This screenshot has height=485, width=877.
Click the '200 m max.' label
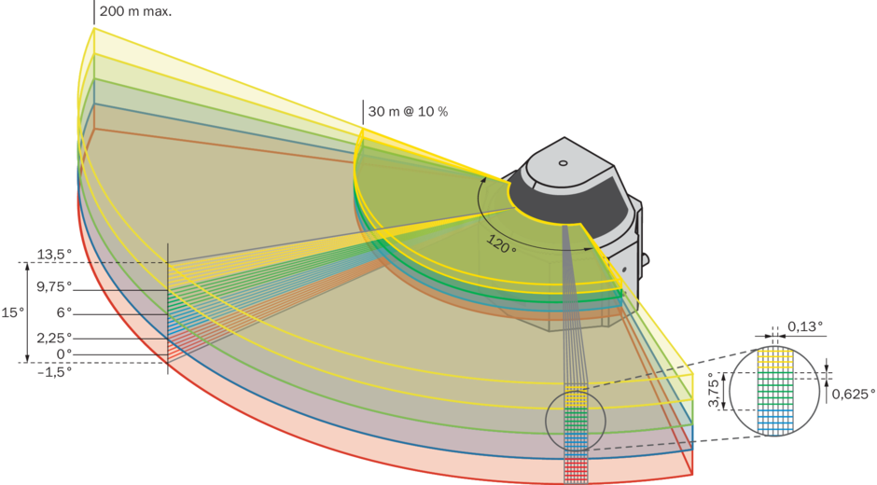click(x=136, y=11)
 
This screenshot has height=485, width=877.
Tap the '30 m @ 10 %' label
click(x=408, y=112)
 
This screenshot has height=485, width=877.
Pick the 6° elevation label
click(x=63, y=312)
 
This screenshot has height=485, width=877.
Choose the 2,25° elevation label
click(x=54, y=338)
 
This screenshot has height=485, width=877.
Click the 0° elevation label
click(x=63, y=354)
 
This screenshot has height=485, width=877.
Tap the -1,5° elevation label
click(x=54, y=371)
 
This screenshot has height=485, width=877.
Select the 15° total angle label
click(x=12, y=313)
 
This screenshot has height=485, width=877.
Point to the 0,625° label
click(x=853, y=394)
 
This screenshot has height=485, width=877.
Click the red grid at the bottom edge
click(x=577, y=467)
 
